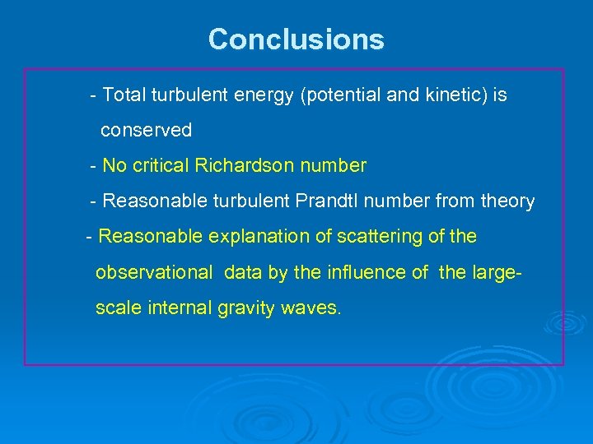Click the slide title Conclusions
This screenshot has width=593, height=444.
[296, 39]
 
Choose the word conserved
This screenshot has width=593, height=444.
[146, 130]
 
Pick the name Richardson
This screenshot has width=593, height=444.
[245, 166]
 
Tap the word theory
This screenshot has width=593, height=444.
[505, 201]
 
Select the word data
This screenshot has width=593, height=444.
[244, 273]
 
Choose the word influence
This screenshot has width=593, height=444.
[370, 273]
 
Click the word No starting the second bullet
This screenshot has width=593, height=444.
[114, 166]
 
